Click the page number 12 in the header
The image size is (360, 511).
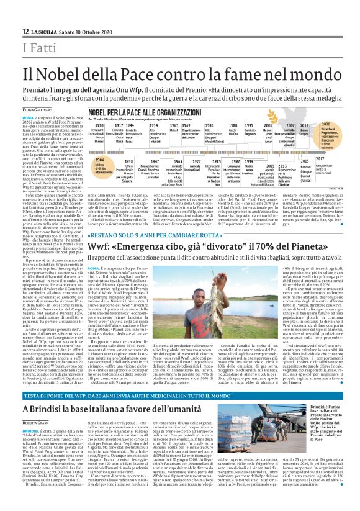[25, 30]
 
